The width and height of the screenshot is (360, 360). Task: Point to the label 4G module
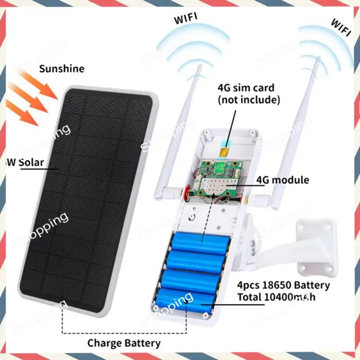pyautogui.click(x=283, y=180)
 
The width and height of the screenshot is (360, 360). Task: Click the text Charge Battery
pyautogui.click(x=124, y=343)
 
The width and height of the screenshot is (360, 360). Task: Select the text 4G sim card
pyautogui.click(x=246, y=87)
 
